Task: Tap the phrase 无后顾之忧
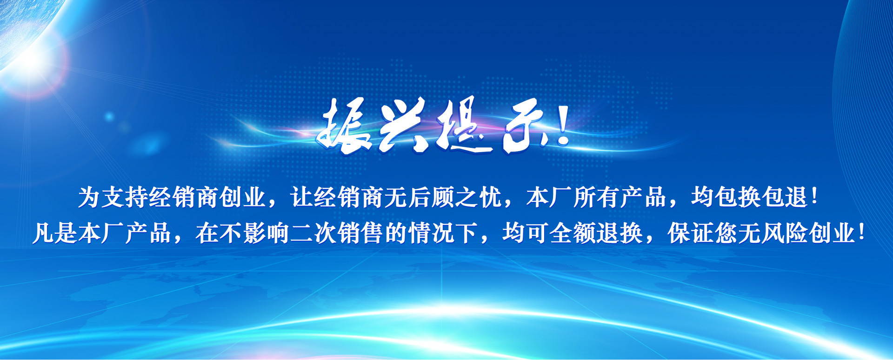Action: coord(443,197)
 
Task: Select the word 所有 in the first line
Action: coord(596,197)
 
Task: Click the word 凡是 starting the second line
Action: coord(55,233)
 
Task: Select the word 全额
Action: coord(573,233)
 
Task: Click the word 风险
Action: coord(785,233)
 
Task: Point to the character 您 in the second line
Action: coord(726,233)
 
